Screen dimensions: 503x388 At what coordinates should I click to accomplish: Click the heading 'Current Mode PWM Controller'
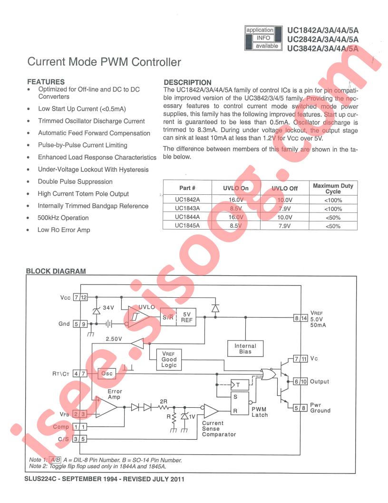point(104,62)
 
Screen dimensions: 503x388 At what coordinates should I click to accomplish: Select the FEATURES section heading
point(46,82)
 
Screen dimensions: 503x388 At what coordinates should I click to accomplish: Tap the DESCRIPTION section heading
point(187,82)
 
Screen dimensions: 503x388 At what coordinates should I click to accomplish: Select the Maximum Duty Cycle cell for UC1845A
point(333,226)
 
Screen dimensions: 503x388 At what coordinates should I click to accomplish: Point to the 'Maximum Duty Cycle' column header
point(333,188)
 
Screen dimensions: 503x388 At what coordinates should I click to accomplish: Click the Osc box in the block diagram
point(107,373)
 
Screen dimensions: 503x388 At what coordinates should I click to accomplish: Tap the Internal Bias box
point(245,349)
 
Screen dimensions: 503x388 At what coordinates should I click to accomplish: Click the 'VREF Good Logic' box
point(169,360)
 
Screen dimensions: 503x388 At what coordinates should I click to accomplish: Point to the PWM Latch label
point(260,412)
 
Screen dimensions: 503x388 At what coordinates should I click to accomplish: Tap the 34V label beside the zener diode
point(109,308)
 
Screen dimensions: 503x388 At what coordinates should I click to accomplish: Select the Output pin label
point(319,382)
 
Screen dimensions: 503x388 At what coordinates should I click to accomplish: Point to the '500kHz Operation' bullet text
point(63,218)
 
